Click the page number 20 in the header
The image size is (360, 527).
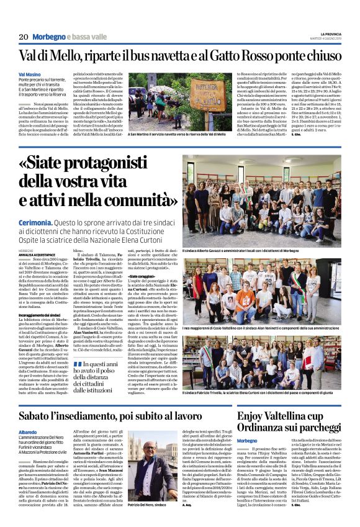[23, 37]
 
